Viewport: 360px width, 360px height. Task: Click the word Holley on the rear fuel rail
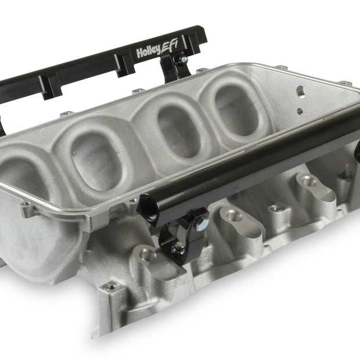(148, 51)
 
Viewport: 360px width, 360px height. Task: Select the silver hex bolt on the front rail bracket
(201, 223)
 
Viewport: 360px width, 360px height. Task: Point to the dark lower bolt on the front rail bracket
(178, 248)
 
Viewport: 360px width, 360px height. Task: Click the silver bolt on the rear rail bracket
(183, 60)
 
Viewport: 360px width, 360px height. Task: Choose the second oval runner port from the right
(179, 131)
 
